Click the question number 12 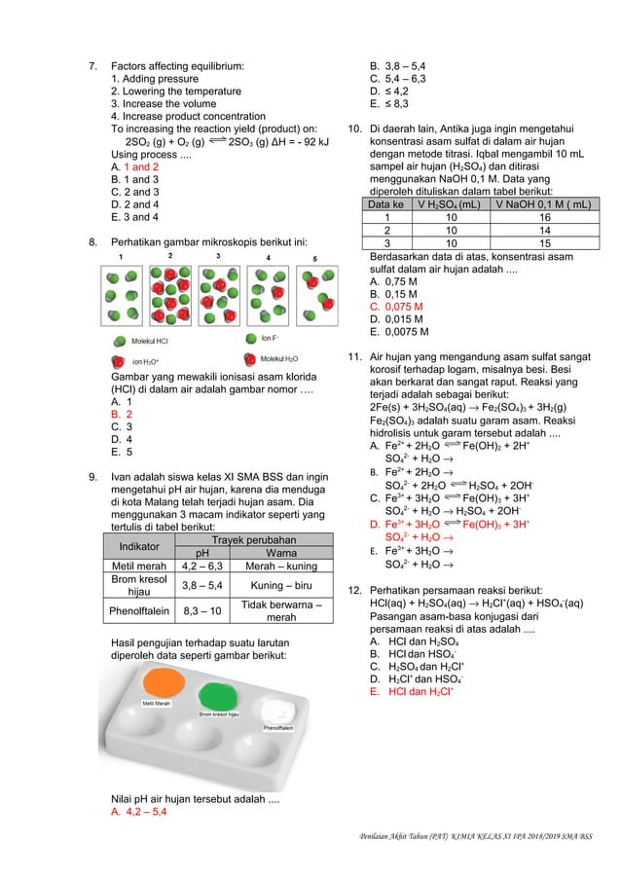355,591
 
